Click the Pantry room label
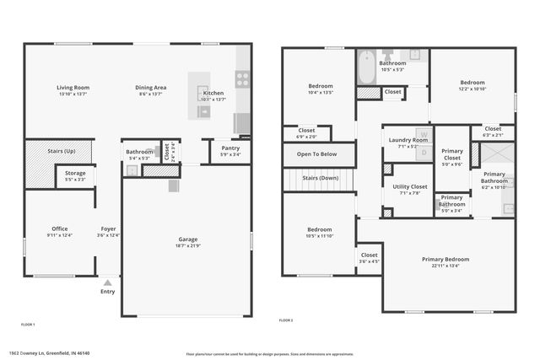tap(230, 148)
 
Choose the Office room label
tap(59, 228)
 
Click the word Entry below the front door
tap(108, 292)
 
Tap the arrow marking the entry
tap(108, 282)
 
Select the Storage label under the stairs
tap(75, 173)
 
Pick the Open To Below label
tap(316, 154)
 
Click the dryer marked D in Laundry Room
tap(424, 153)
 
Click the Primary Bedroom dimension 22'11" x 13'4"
tap(445, 266)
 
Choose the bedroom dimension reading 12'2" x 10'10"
tap(472, 89)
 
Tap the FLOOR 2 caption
tap(286, 320)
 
